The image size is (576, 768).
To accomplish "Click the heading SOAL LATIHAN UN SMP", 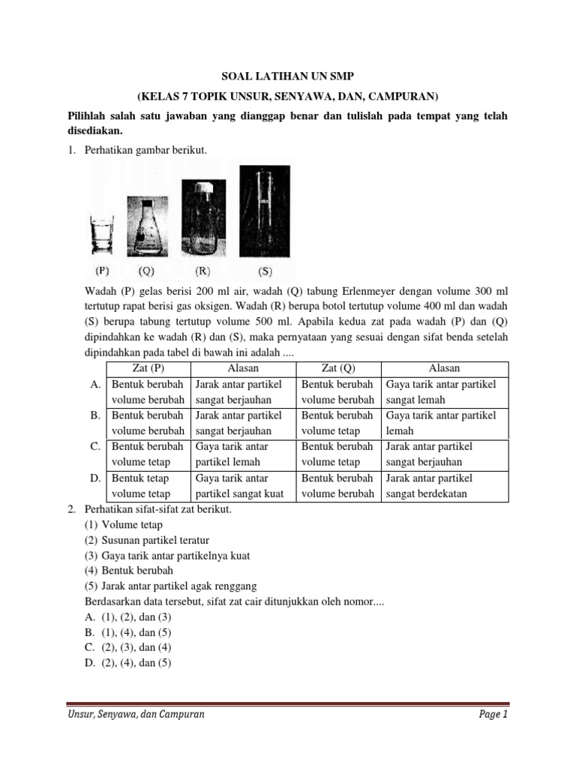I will tap(287, 76).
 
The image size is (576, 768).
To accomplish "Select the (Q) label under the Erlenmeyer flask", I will tap(147, 271).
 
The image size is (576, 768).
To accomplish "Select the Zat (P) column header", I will tap(148, 368).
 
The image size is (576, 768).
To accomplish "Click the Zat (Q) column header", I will tap(338, 368).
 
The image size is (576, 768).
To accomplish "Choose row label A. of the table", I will tap(95, 384).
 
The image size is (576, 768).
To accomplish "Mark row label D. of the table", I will tap(95, 478).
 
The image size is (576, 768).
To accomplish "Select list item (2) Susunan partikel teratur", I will tap(147, 540).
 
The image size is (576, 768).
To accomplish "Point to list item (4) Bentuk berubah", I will tap(130, 571).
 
